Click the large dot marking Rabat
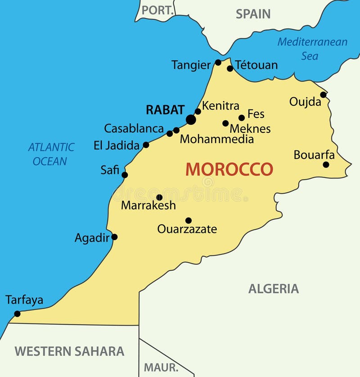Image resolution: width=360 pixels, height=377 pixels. [191, 119]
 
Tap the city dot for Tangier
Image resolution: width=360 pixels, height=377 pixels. [218, 63]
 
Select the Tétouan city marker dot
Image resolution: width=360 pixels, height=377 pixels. [230, 68]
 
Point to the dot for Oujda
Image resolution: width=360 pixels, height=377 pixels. [323, 95]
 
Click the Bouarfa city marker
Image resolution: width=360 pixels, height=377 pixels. [326, 164]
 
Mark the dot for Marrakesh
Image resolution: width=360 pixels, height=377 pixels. [159, 197]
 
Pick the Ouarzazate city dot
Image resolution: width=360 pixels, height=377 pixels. [188, 220]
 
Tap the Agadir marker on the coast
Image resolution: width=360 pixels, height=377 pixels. [114, 237]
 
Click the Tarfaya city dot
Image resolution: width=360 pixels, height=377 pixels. [17, 313]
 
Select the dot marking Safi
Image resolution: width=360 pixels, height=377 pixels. [125, 175]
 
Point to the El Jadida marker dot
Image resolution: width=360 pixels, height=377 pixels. [146, 145]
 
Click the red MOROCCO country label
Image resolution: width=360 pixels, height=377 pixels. [229, 169]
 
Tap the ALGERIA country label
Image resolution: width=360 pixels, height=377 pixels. [274, 289]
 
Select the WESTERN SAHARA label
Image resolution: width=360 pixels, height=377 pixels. [69, 351]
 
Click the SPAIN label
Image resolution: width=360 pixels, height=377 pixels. [253, 14]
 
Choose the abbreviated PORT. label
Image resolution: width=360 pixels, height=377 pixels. [157, 10]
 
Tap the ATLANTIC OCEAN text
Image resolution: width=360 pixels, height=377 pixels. [51, 154]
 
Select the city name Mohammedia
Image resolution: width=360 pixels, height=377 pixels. [216, 139]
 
